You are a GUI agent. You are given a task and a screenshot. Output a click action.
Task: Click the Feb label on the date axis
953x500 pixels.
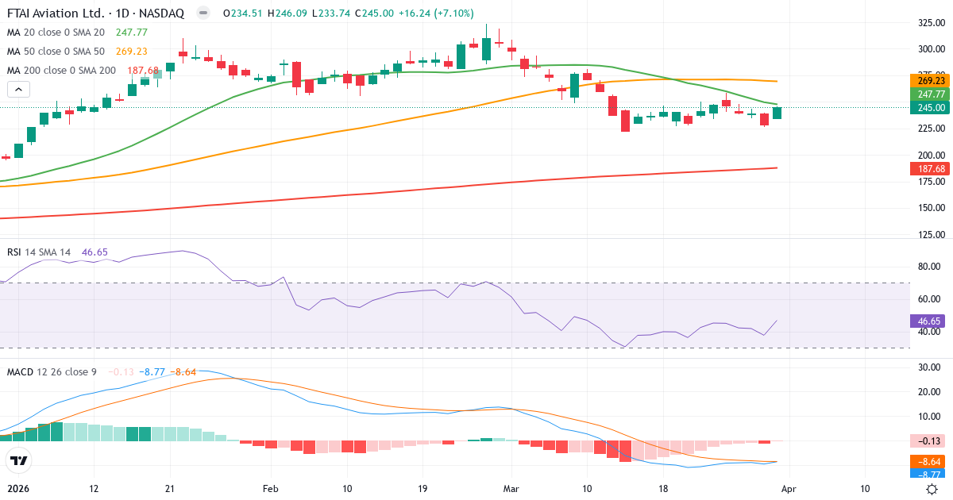point(272,488)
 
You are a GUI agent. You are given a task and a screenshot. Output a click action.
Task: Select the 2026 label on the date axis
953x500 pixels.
point(19,488)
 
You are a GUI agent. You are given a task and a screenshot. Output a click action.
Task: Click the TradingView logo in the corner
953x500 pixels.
point(18,460)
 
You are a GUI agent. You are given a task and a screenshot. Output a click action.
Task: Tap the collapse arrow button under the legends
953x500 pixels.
point(18,90)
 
